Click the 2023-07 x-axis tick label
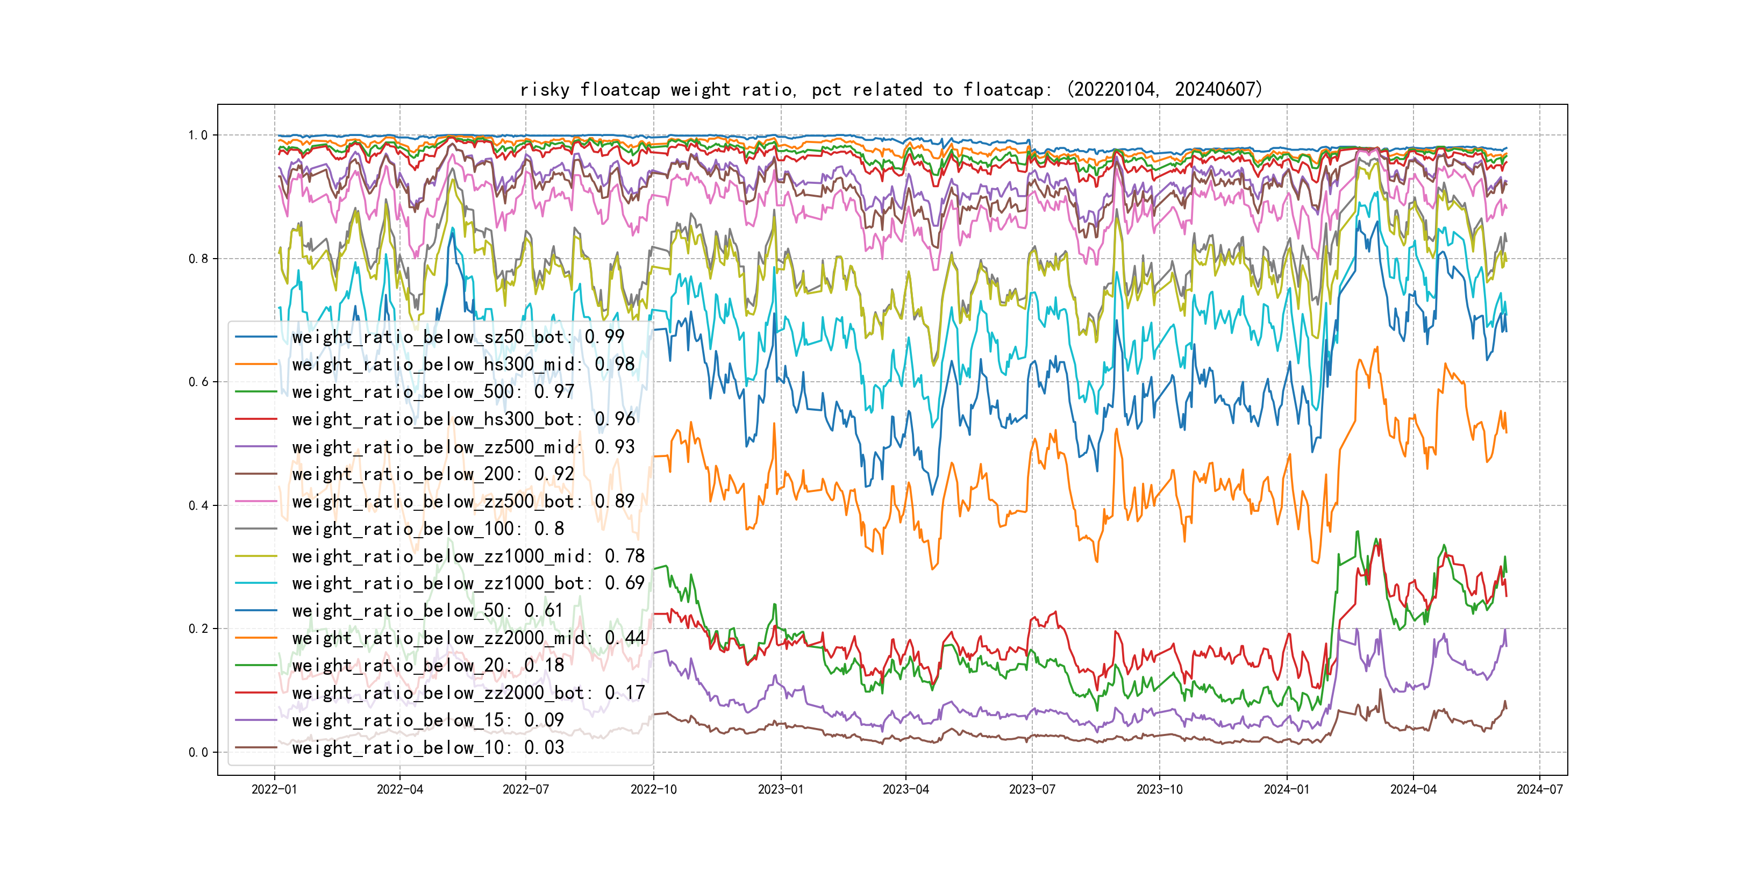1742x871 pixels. (x=1032, y=789)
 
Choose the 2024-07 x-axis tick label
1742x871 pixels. (x=1540, y=789)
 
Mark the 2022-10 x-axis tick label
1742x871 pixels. (x=653, y=789)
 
